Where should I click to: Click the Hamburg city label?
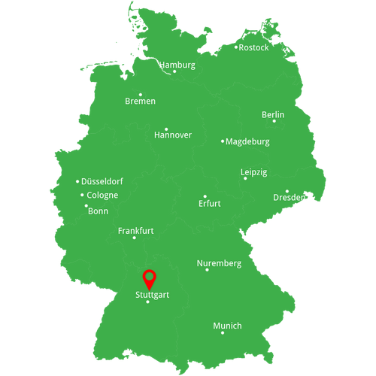(177, 65)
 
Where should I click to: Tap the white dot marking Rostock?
(236, 47)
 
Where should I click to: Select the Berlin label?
(273, 114)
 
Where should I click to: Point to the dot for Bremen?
(141, 95)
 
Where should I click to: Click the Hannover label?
(172, 135)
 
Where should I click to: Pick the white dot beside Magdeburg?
(223, 141)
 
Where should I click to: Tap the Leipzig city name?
(253, 171)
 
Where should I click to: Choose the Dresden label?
(289, 198)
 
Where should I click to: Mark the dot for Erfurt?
(205, 196)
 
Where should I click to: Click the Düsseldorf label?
(102, 181)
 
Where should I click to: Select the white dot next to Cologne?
(82, 196)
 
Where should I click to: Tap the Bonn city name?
(99, 211)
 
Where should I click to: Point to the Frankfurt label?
(135, 231)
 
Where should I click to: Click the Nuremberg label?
(219, 263)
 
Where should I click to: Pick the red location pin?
(150, 278)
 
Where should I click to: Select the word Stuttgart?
(152, 295)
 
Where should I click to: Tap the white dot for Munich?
(223, 332)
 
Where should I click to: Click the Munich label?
(227, 326)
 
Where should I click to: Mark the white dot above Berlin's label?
(274, 121)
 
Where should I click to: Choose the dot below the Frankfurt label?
(135, 238)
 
